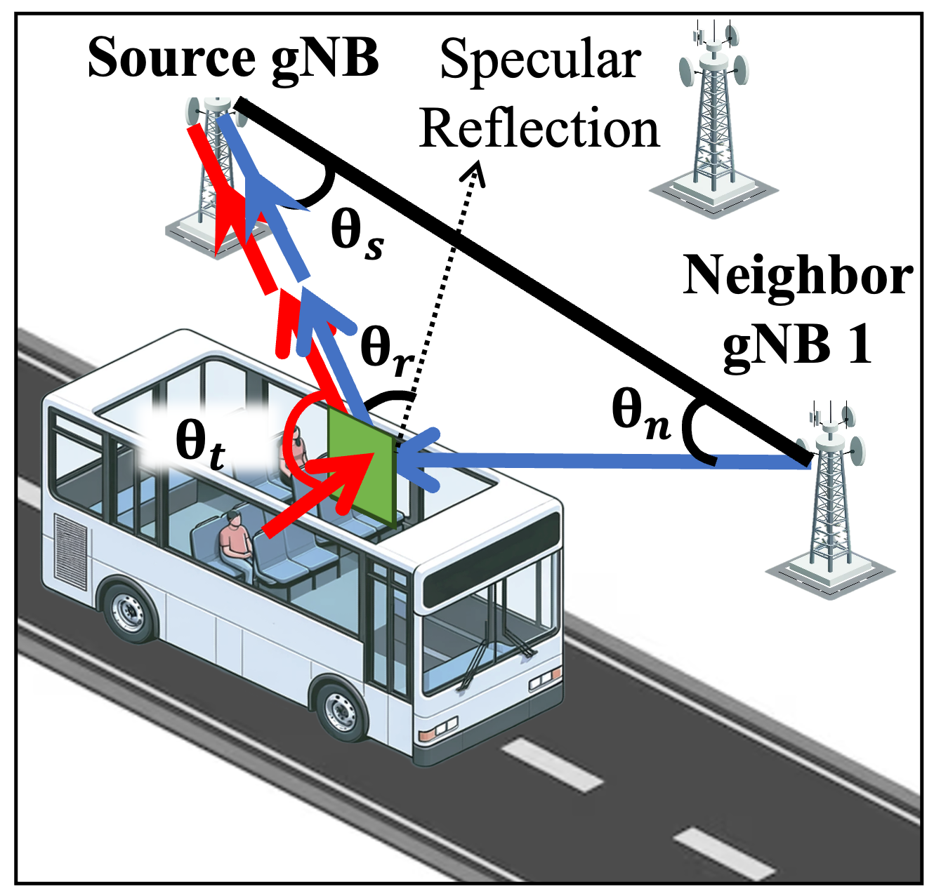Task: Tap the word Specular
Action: point(539,60)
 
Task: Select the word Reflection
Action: point(539,129)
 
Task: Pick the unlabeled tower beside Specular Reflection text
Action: point(713,119)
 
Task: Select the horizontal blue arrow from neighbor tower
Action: point(597,462)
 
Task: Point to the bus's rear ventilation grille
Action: point(71,551)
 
